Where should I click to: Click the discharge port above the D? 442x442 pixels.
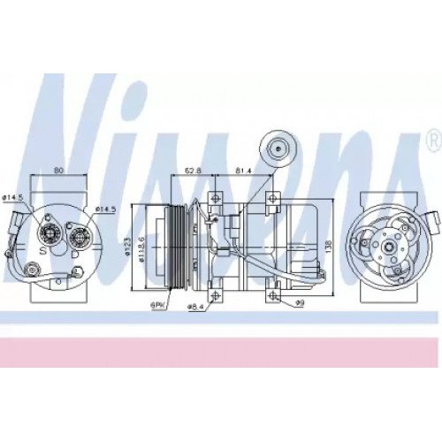[x=79, y=236]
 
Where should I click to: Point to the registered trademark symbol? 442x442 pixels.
[x=431, y=139]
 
